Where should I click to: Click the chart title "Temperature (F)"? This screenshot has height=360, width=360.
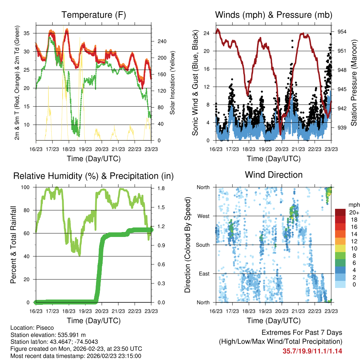coord(94,15)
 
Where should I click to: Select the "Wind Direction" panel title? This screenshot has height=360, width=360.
coord(274,175)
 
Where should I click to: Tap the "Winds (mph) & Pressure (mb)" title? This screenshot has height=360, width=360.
coord(274,15)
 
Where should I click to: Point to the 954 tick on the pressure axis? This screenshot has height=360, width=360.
coord(342,32)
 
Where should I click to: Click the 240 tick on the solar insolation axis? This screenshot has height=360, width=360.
coord(162,41)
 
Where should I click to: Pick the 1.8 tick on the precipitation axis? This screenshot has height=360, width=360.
coord(161,188)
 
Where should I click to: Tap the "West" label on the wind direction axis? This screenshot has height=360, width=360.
coord(203,216)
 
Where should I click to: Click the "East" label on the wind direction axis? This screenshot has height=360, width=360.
coord(204,274)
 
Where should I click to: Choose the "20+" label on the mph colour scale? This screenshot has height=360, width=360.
coord(353,212)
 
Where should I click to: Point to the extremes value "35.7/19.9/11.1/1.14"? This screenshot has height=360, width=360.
coord(312,351)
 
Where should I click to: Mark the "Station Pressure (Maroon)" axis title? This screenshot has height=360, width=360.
coord(354,83)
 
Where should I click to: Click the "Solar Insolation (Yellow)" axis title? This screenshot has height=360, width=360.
coord(173,83)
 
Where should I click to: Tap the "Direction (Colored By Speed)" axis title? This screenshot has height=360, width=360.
coord(188,245)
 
